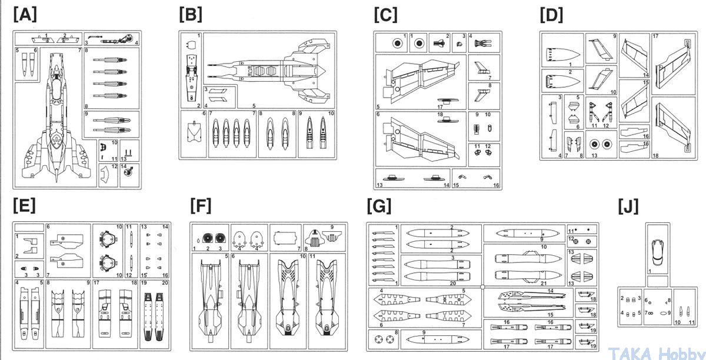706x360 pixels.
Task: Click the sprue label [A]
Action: (25, 15)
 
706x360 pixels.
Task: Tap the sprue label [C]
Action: (385, 15)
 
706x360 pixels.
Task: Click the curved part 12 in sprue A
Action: (106, 175)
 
